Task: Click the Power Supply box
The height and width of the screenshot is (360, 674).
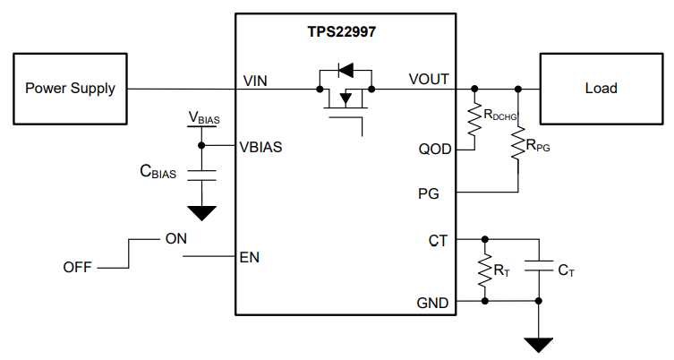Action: [70, 89]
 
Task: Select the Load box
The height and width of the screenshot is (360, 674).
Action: [601, 89]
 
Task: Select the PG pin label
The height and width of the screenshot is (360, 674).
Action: [439, 193]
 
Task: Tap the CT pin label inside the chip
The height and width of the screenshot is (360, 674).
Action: [439, 240]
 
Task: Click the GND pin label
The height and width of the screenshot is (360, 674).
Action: [434, 303]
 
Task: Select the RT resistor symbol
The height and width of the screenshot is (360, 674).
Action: [485, 270]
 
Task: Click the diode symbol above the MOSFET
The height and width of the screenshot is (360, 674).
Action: [344, 69]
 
